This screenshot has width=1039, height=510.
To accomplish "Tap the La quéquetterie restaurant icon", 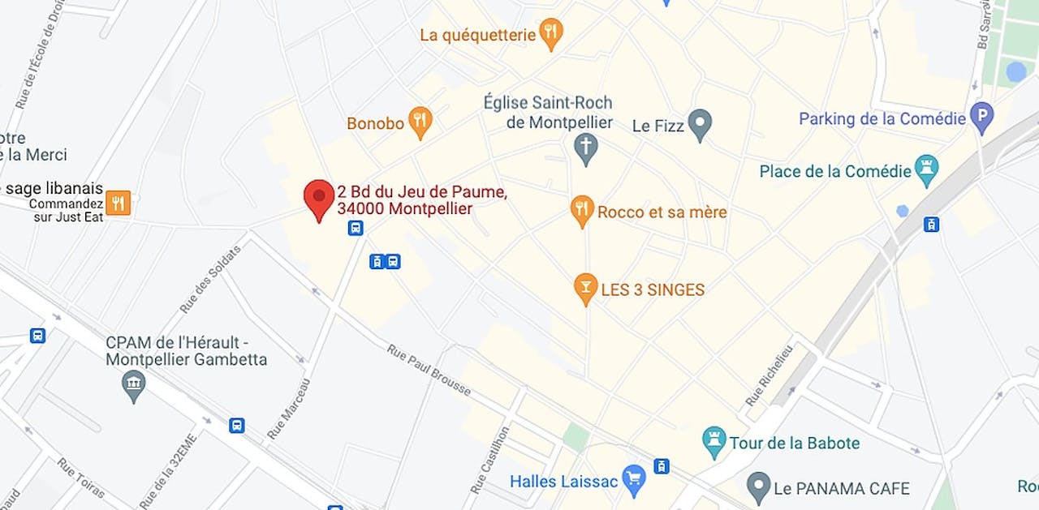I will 551,33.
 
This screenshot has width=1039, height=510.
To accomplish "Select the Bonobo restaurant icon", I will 420,122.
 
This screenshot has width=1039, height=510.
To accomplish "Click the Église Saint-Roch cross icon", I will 585,148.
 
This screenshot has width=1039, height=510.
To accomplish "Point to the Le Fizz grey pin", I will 699,124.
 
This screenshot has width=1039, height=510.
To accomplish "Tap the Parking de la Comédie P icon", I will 982,118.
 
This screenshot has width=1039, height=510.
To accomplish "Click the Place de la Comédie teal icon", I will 926,169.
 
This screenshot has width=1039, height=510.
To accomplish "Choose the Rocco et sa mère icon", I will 582,210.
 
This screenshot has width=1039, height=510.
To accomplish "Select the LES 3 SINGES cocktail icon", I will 585,288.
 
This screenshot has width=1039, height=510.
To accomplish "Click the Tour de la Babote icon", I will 714,442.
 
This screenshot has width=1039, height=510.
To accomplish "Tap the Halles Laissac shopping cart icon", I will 632,479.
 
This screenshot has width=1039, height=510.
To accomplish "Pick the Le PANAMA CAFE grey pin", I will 758,486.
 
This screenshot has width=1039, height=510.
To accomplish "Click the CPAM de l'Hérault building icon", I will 134,385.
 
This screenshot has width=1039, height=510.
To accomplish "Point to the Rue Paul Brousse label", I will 429,371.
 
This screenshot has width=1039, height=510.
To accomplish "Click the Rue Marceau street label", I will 289,409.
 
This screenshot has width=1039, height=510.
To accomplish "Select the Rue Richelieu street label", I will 769,375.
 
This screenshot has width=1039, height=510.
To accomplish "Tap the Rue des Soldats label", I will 211,279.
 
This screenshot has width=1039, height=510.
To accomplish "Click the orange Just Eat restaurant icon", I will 118,203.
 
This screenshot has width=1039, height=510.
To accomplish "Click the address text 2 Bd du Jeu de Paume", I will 422,192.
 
